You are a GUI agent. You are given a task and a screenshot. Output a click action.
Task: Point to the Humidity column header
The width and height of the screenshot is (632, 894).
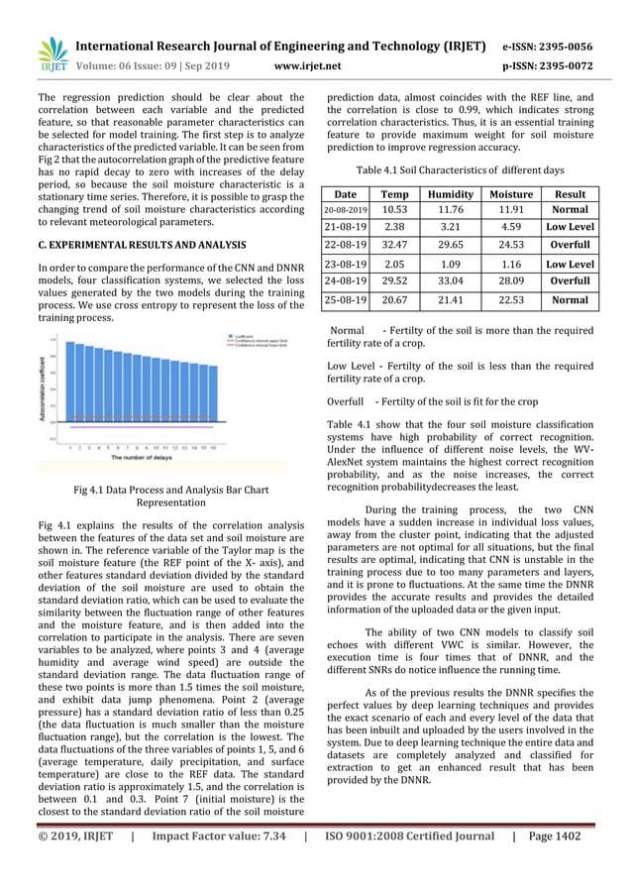(x=449, y=194)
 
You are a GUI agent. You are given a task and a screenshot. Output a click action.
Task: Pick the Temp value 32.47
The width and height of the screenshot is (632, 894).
(x=394, y=246)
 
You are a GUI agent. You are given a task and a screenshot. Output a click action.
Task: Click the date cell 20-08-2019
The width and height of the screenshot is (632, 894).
(x=345, y=210)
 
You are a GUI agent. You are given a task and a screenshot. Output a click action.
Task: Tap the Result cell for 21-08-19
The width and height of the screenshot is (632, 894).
(x=571, y=228)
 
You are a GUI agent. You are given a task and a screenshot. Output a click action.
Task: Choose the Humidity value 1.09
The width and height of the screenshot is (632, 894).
(x=449, y=264)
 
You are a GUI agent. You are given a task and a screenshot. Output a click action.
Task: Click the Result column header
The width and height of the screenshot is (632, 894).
(x=571, y=194)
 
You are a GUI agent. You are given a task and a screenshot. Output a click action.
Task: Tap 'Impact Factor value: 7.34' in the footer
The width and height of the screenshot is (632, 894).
(x=215, y=836)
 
